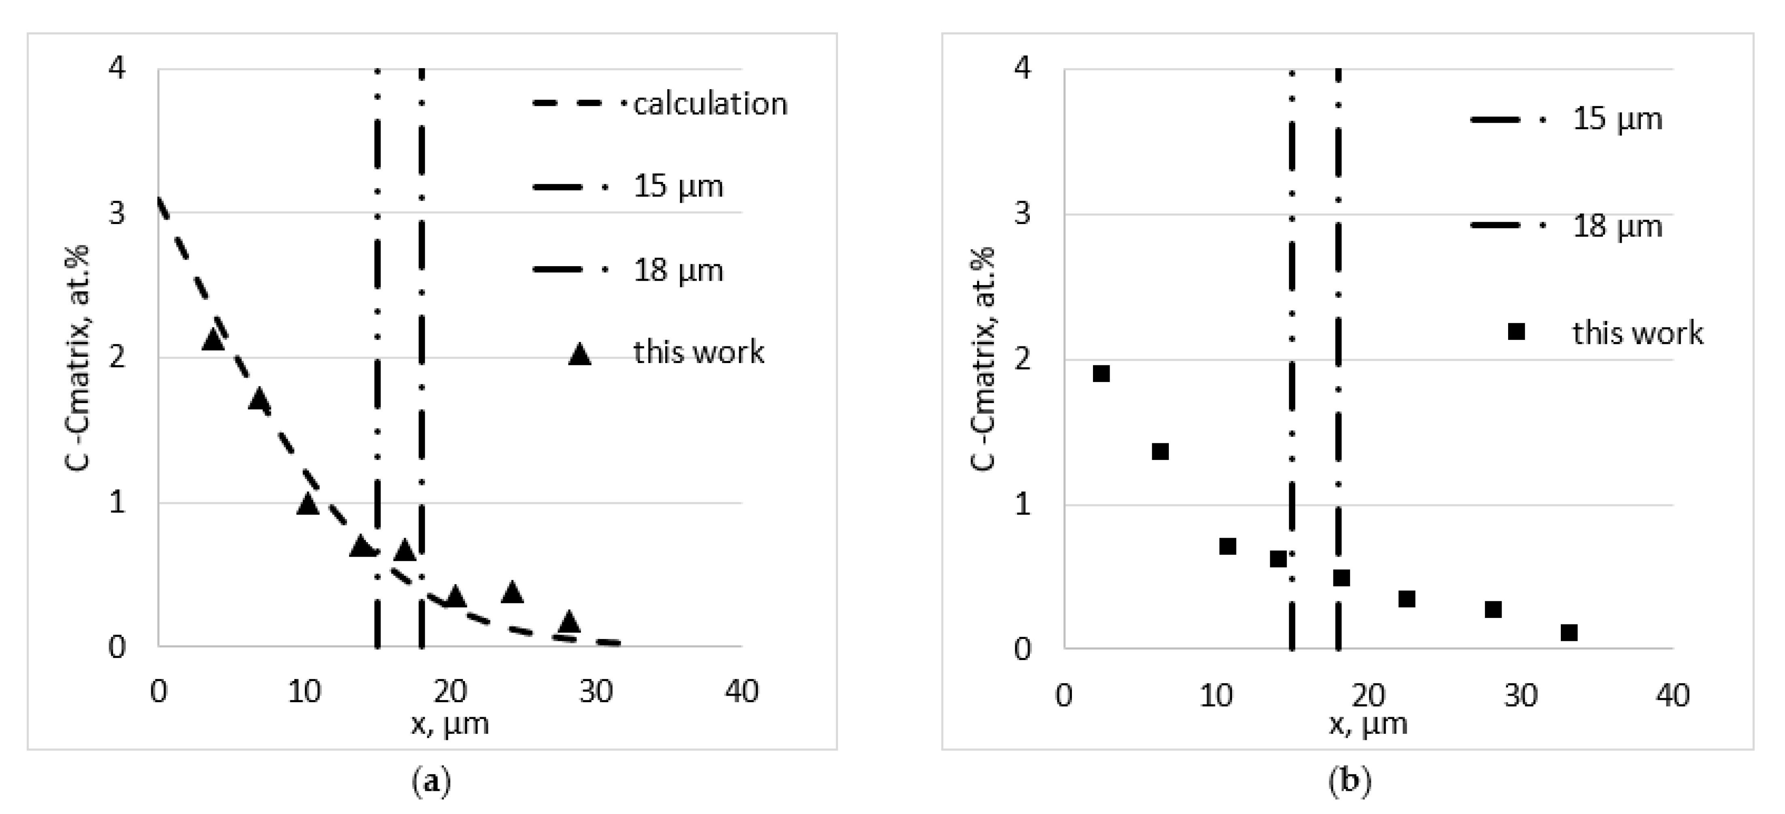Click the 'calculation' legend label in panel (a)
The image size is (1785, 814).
click(x=710, y=104)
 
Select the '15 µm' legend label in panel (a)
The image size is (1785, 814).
click(x=678, y=186)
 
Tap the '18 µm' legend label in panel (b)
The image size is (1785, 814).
click(x=1617, y=226)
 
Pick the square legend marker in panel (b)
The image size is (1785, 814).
click(x=1516, y=332)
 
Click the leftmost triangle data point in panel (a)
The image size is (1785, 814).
click(x=213, y=340)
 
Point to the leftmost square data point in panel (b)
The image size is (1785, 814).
click(x=1101, y=374)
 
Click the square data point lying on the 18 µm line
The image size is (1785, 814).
click(x=1341, y=578)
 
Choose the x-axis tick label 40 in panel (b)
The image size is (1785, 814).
click(x=1672, y=695)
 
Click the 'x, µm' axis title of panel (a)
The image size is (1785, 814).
click(x=450, y=724)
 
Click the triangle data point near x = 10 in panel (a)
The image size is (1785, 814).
click(x=308, y=504)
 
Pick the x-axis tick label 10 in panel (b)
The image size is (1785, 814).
click(x=1216, y=695)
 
